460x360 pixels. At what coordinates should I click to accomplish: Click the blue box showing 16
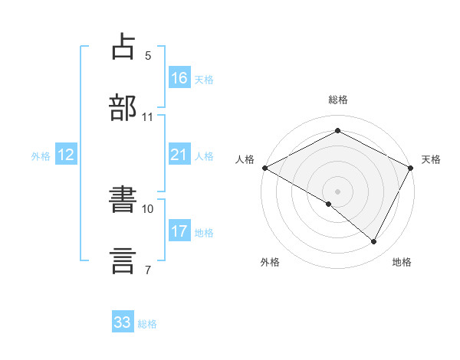tap(179, 78)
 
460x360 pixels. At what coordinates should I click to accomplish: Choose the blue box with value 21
tap(179, 155)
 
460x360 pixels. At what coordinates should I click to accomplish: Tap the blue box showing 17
tap(179, 231)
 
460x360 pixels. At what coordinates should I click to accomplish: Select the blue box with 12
tap(66, 155)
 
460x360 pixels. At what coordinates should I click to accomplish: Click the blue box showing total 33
tap(123, 322)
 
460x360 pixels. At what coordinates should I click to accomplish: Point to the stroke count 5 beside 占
tap(148, 56)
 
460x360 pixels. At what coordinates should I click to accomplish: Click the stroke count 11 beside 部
tap(148, 117)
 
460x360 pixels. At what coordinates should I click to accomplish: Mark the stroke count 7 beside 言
tap(148, 269)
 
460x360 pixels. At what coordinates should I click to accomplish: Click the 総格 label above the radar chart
tap(338, 100)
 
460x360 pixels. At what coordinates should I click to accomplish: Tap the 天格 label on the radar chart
tap(431, 159)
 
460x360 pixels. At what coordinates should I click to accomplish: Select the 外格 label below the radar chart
tap(270, 262)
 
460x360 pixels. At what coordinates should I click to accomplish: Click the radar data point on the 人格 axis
tap(264, 167)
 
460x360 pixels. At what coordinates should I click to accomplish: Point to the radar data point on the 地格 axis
tap(374, 242)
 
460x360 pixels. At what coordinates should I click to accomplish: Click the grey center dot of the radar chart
tap(338, 191)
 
